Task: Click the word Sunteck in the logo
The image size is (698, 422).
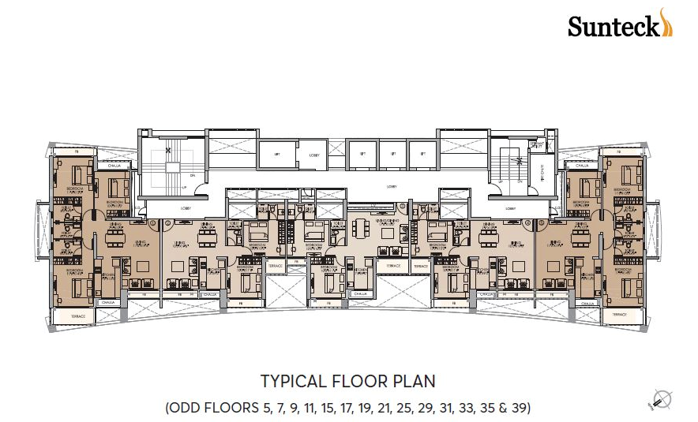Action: point(614,28)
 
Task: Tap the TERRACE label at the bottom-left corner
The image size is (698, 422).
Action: point(77,315)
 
